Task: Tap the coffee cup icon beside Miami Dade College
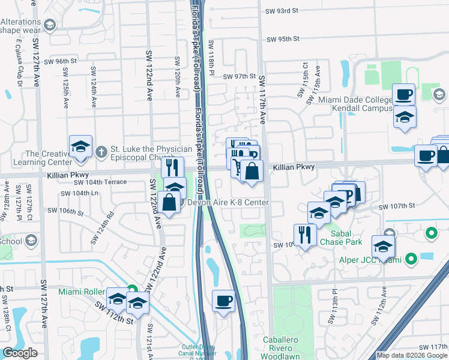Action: click(403, 95)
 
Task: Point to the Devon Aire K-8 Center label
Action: click(228, 203)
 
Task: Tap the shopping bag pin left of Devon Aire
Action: click(170, 202)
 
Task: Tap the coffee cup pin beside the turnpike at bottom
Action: click(224, 300)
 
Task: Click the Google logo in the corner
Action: click(20, 353)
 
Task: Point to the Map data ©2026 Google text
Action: click(412, 355)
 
